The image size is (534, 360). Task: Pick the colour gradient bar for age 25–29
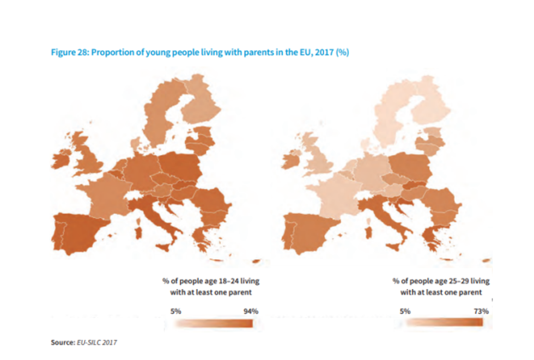tap(444, 322)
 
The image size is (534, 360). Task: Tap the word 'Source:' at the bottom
tap(62, 343)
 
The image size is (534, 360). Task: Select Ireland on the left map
tap(60, 160)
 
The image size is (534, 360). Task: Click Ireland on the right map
tap(289, 160)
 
